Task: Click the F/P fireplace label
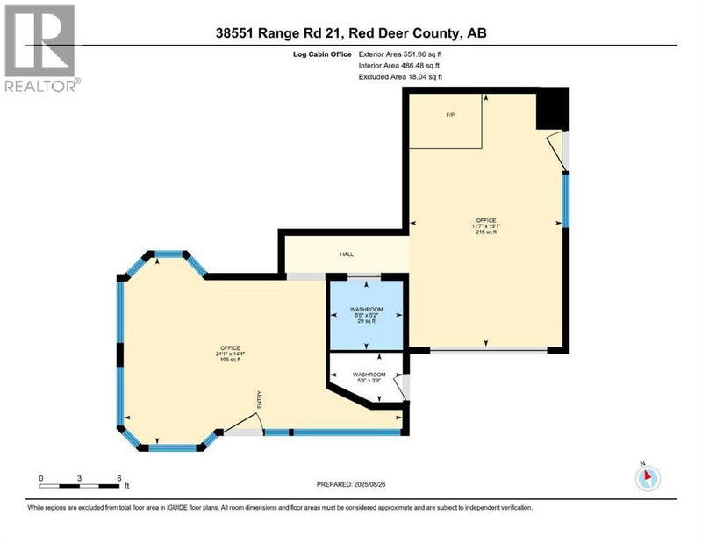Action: (450, 115)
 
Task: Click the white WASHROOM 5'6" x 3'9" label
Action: (369, 377)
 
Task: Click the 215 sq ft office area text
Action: (485, 232)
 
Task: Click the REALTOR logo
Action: (40, 47)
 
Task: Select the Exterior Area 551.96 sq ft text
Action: (400, 53)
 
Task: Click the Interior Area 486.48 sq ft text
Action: (399, 65)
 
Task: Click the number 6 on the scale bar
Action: (119, 477)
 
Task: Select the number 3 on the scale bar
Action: (80, 477)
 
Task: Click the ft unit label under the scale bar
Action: (127, 485)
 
